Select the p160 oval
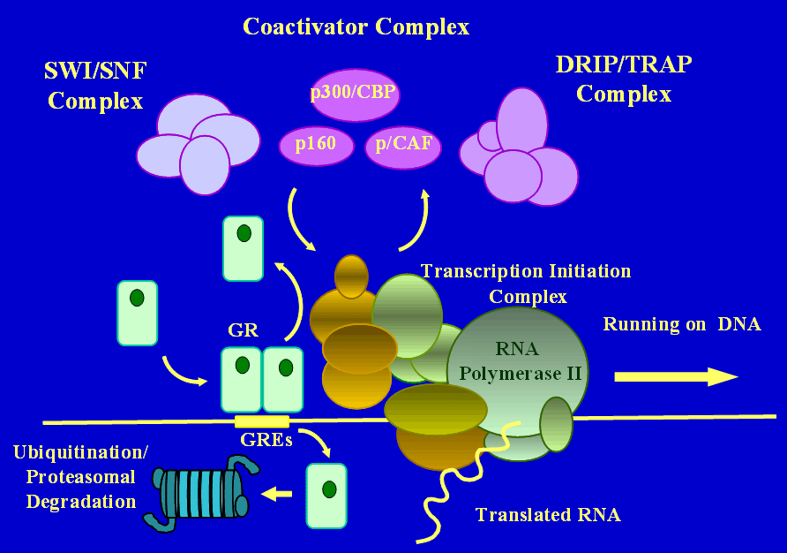[316, 145]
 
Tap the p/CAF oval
[402, 145]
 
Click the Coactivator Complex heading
[356, 27]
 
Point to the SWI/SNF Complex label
[94, 86]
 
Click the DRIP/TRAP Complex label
[624, 79]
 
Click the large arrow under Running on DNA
[675, 376]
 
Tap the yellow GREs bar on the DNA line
[262, 420]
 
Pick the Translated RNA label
[548, 514]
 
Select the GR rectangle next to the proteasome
[326, 495]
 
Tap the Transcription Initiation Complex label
[527, 283]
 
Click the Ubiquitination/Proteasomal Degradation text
[81, 477]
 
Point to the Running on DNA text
[681, 324]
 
